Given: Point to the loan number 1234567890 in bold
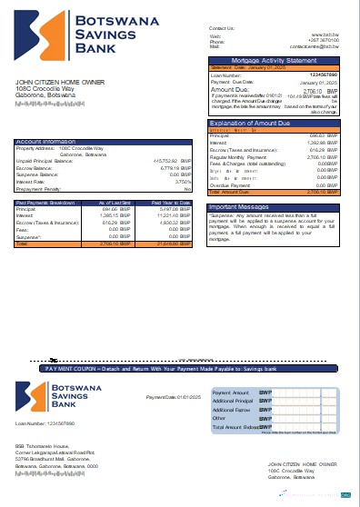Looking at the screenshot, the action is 324,75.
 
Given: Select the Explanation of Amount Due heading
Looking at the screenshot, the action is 250,123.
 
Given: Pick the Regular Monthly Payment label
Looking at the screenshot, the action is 239,156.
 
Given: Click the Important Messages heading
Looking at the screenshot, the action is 237,206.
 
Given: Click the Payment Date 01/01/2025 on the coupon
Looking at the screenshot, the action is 170,398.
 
